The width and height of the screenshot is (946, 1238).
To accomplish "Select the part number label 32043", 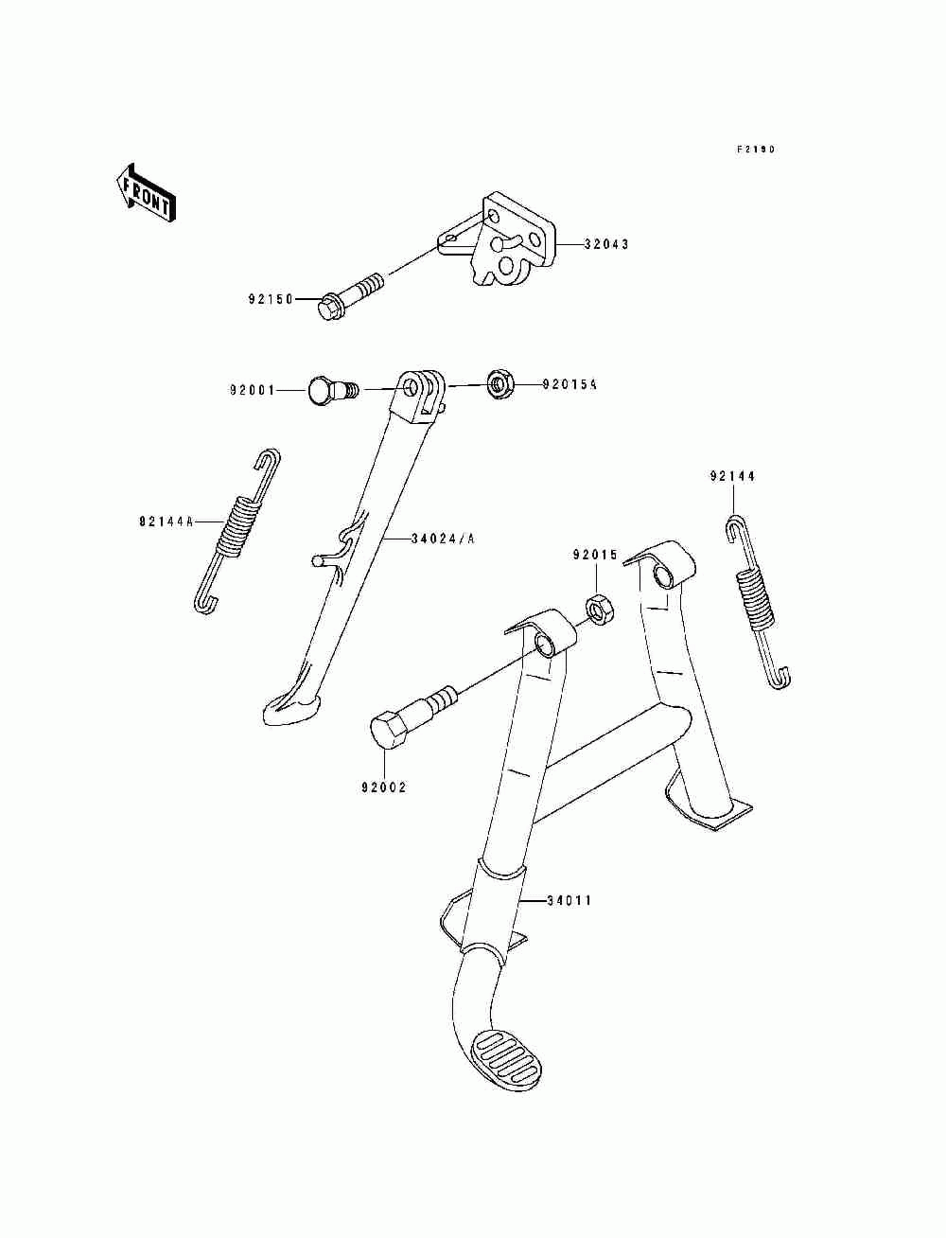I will pos(605,244).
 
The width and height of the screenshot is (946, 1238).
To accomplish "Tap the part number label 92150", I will pos(270,300).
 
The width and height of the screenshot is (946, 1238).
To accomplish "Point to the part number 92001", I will pos(251,389).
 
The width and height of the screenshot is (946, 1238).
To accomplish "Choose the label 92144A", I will pos(166,522).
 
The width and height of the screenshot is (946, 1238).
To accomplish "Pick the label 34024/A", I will pos(443,539).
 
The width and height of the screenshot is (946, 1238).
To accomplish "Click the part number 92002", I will pos(383,787).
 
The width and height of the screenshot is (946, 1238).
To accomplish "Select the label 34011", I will pos(569,900).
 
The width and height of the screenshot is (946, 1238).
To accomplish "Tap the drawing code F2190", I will pos(757,150).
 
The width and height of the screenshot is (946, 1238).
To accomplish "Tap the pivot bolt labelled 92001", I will pos(327,389).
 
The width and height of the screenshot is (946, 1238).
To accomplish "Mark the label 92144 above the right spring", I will pos(733,477).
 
